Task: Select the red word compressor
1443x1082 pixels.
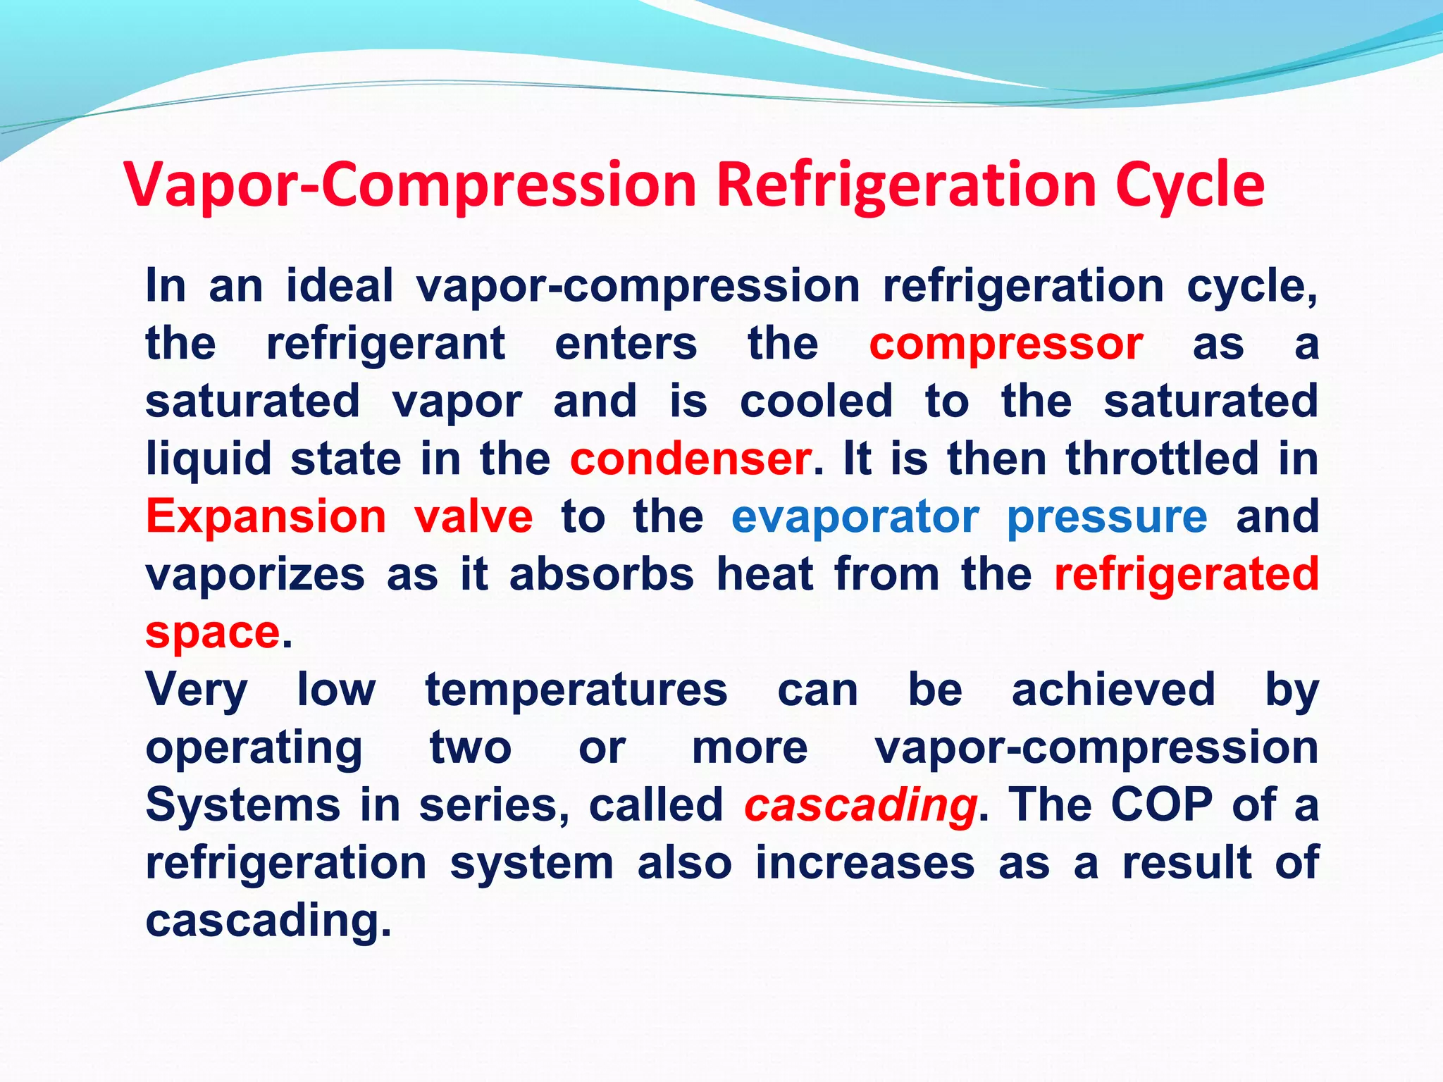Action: (x=1005, y=344)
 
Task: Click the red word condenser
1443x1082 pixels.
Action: (x=690, y=459)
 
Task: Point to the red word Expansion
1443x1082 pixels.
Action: (x=266, y=517)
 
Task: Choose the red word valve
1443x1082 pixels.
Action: (x=473, y=517)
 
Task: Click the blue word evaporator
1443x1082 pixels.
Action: (x=855, y=517)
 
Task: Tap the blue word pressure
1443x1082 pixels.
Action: (x=1107, y=517)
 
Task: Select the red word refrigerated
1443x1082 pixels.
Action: (x=1186, y=574)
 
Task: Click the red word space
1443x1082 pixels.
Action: (x=213, y=632)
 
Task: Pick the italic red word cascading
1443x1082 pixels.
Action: (x=860, y=804)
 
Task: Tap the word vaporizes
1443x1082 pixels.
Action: (x=255, y=574)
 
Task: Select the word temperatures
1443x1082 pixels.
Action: (x=576, y=690)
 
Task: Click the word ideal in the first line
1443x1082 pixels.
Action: (x=339, y=287)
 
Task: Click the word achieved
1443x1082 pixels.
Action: (x=1113, y=690)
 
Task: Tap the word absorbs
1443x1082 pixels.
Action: (x=601, y=574)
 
